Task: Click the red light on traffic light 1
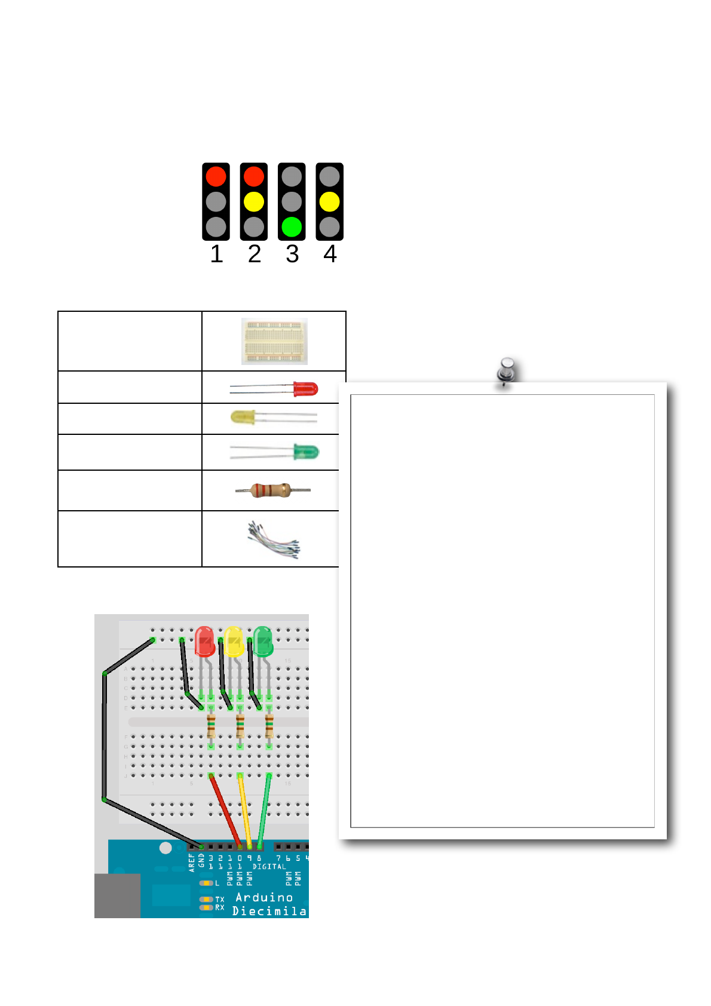tap(216, 176)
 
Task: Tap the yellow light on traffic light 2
tap(254, 202)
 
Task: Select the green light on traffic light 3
tap(292, 227)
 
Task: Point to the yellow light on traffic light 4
tap(329, 202)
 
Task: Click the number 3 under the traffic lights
tap(292, 254)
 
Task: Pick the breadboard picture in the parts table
tap(274, 341)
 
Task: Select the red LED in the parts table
tap(305, 389)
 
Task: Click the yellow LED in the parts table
tap(244, 417)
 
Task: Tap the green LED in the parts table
tap(306, 452)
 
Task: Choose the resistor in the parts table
tap(271, 490)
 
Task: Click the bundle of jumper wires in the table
tap(274, 539)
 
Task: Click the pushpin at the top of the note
tap(507, 371)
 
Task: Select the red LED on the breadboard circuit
tap(204, 642)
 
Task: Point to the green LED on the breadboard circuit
tap(263, 642)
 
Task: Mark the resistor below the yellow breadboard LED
tap(240, 726)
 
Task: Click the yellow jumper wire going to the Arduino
tap(245, 810)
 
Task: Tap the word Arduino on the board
tap(264, 897)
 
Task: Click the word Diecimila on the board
tap(269, 911)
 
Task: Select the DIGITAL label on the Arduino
tap(269, 866)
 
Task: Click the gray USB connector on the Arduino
tap(117, 895)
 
